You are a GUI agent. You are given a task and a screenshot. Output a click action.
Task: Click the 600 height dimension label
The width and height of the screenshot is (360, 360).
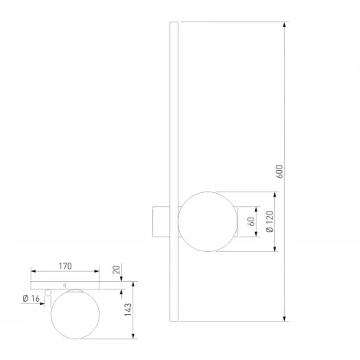tap(280, 172)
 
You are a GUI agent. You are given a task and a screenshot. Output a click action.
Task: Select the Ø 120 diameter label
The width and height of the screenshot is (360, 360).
tap(270, 221)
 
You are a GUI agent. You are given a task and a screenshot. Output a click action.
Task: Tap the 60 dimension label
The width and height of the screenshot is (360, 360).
tap(251, 221)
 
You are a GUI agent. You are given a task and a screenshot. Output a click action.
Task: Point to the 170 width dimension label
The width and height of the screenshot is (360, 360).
tap(65, 266)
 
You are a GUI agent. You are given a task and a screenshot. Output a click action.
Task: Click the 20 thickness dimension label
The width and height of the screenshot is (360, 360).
tap(116, 270)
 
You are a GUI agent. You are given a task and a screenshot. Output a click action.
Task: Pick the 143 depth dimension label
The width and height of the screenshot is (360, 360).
tap(128, 309)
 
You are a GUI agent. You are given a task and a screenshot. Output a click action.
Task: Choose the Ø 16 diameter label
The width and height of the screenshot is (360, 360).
tap(31, 298)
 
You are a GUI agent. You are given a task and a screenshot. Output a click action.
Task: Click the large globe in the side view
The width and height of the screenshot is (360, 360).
tap(208, 221)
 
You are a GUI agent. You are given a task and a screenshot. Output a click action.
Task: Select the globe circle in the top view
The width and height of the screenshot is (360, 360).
tap(75, 314)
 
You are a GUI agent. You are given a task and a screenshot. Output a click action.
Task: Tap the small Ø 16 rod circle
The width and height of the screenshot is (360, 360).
tap(47, 293)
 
